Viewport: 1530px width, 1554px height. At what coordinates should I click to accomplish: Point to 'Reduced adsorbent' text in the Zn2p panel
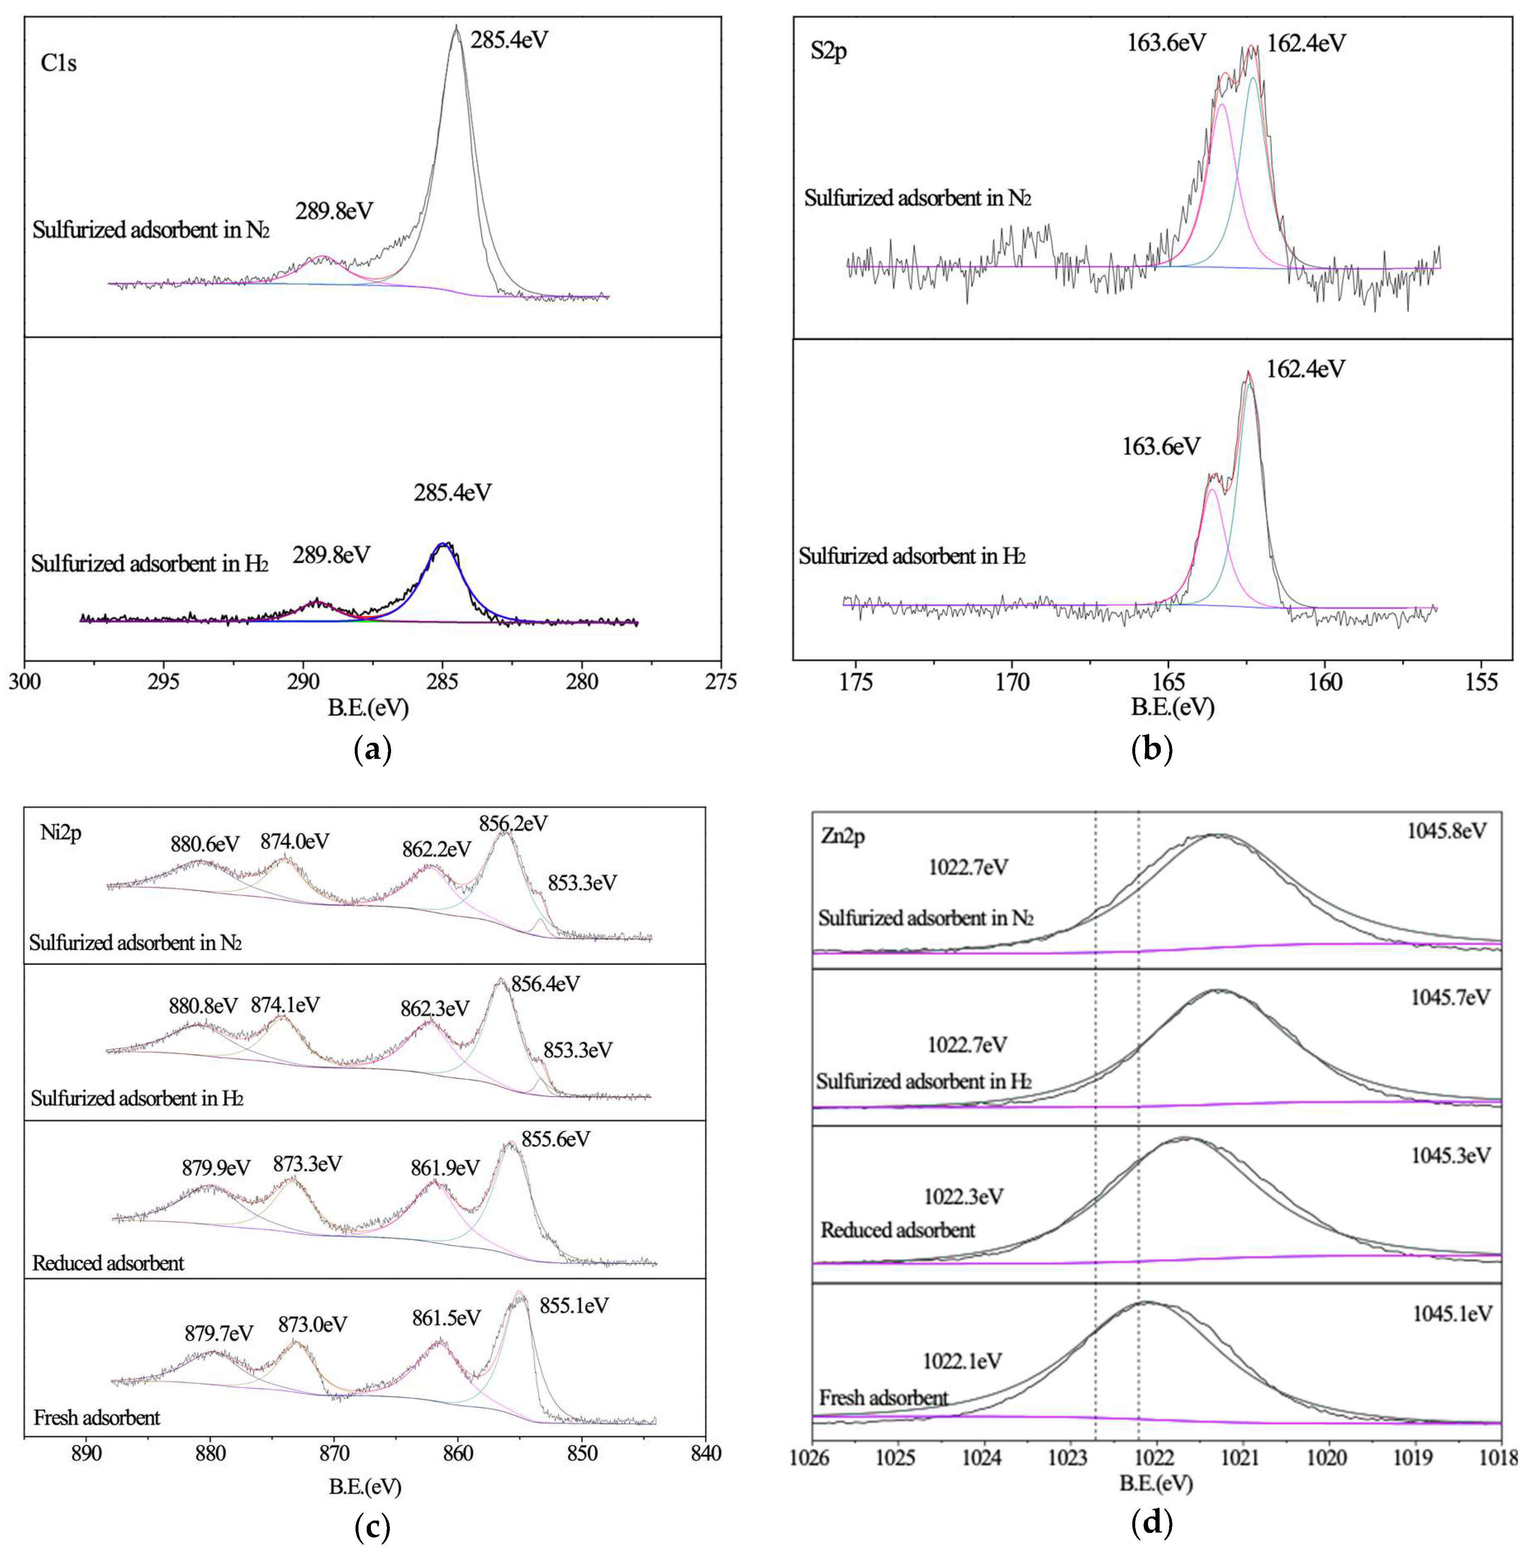898,1230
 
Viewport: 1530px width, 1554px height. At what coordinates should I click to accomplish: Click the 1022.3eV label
963,1196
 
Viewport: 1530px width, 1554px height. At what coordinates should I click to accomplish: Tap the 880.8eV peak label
203,1006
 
